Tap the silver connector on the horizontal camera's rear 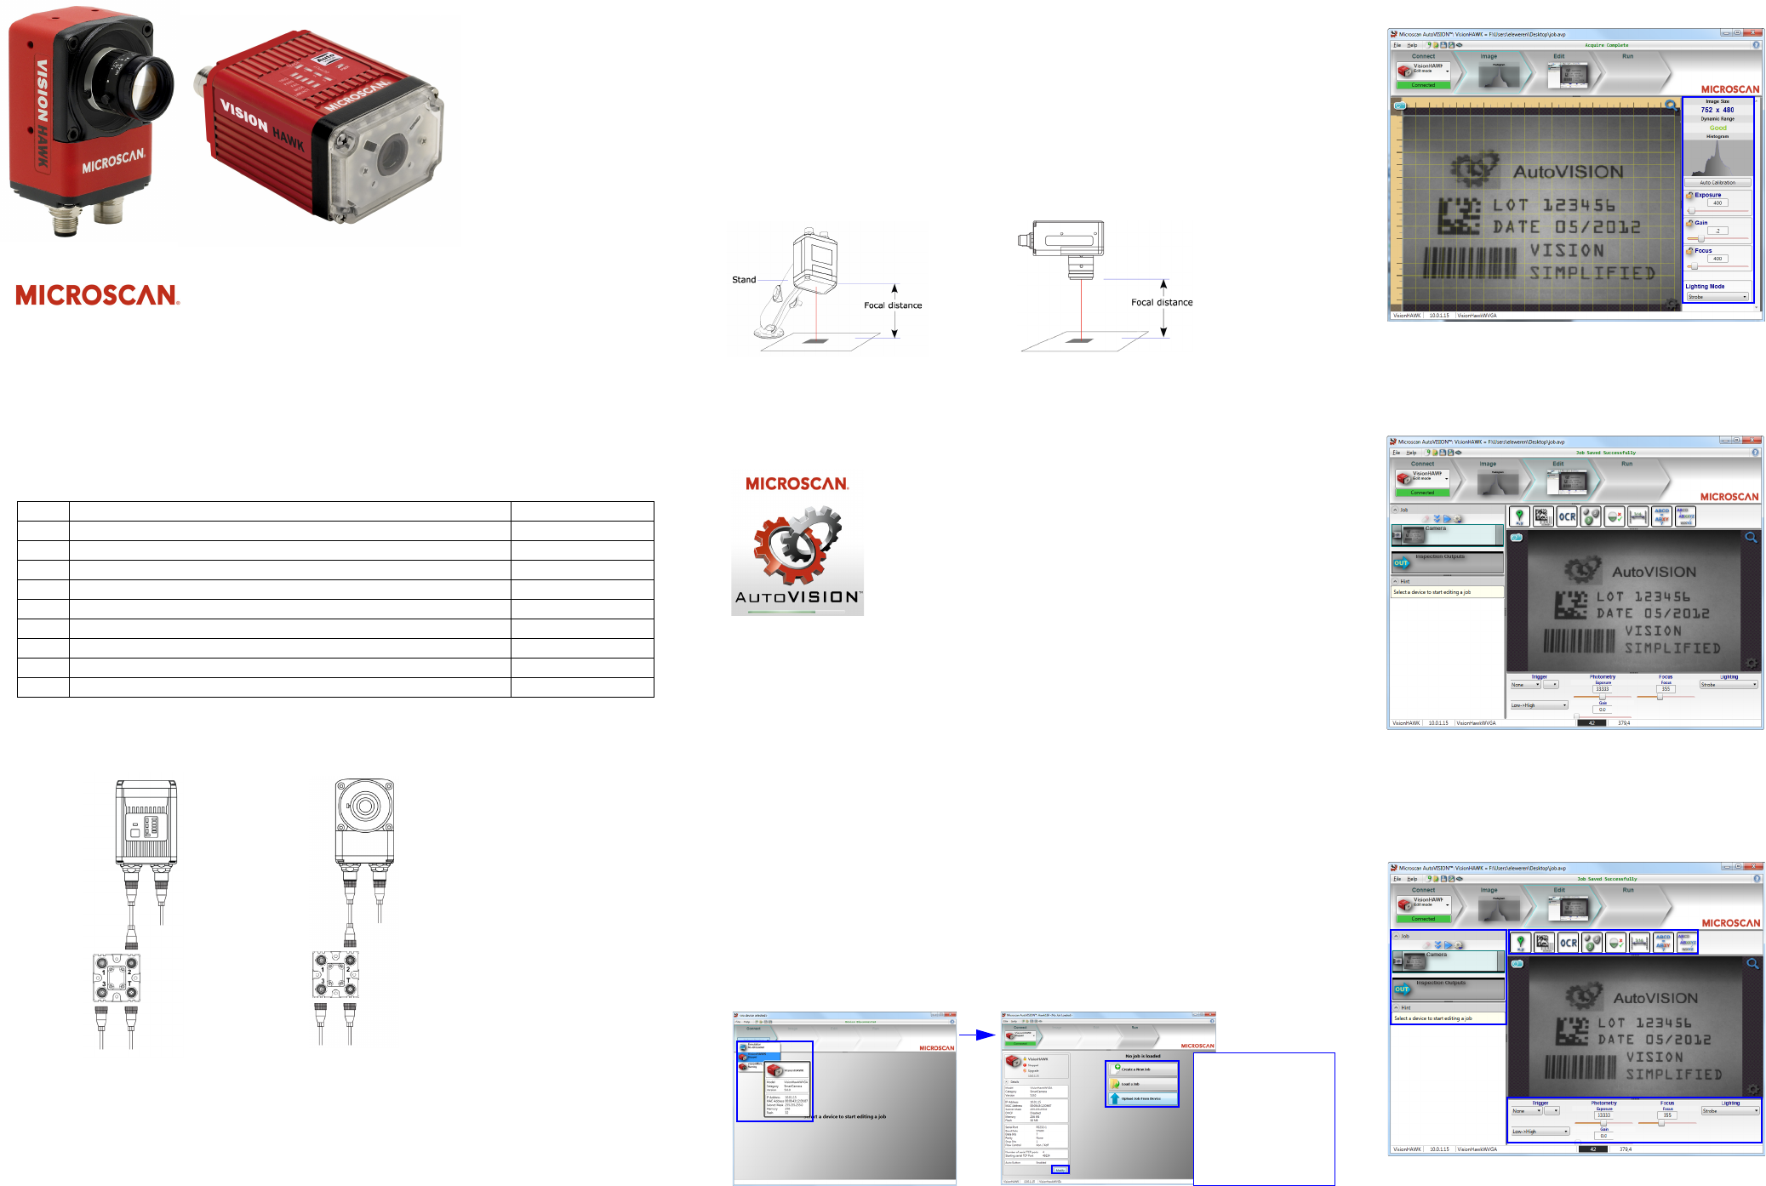click(x=202, y=83)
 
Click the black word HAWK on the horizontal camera click(x=288, y=139)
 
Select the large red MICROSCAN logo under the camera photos click(x=97, y=295)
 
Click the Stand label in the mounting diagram click(x=744, y=280)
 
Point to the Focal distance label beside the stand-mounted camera click(x=893, y=305)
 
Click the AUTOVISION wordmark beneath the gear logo click(x=797, y=597)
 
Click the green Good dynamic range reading click(x=1717, y=128)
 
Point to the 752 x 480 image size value click(x=1717, y=110)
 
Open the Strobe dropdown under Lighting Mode click(x=1717, y=297)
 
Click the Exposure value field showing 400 click(x=1717, y=203)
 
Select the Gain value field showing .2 click(x=1717, y=231)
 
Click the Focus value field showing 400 click(x=1717, y=259)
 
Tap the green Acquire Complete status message click(x=1606, y=45)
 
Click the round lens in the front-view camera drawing click(x=365, y=805)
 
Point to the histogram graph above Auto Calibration click(x=1717, y=158)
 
